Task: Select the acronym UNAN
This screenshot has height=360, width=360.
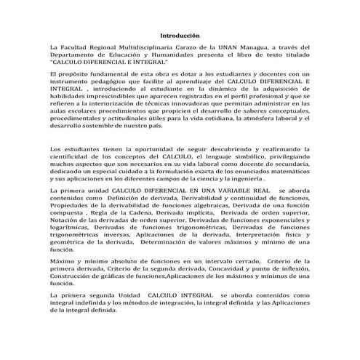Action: tap(236, 48)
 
